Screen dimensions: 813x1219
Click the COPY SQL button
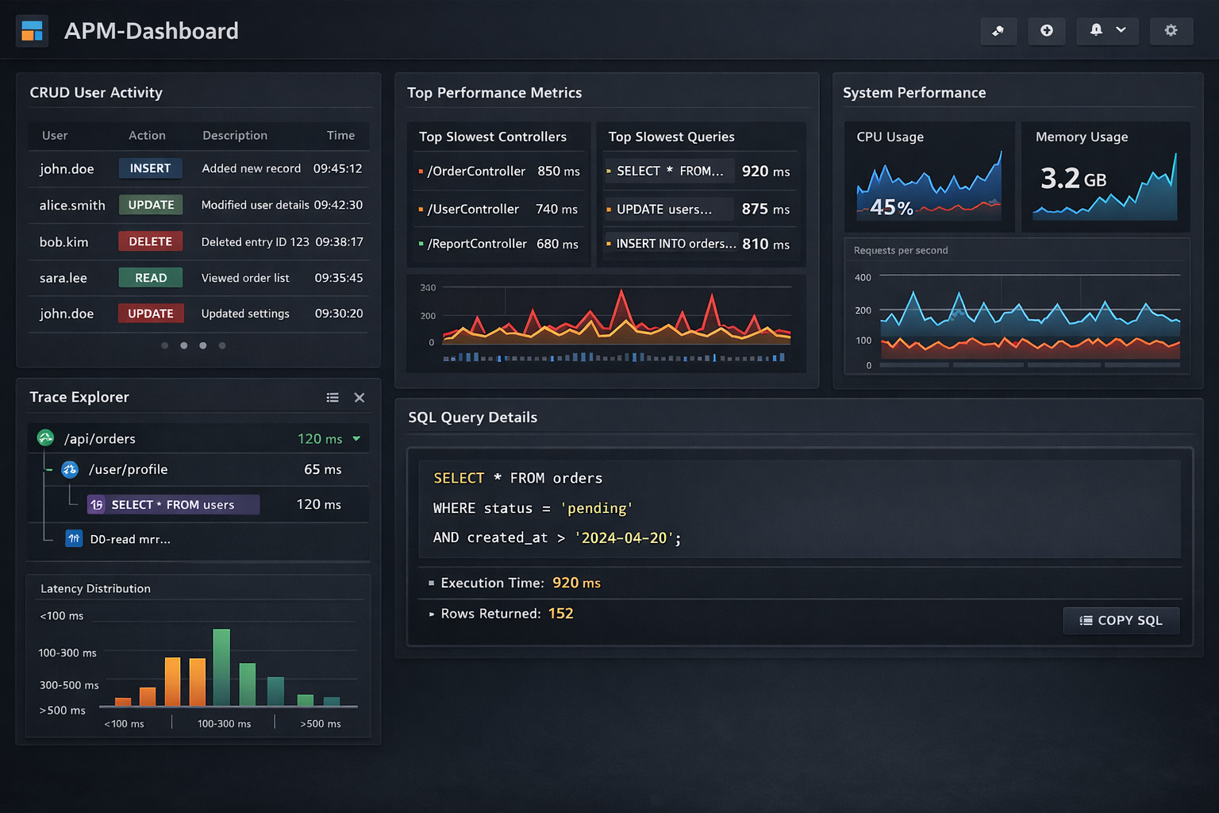pyautogui.click(x=1121, y=621)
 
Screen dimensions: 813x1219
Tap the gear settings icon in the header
pyautogui.click(x=1171, y=30)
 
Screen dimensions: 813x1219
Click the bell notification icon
pyautogui.click(x=1096, y=30)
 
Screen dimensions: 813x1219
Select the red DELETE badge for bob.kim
pyautogui.click(x=151, y=241)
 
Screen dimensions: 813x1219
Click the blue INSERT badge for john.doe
pyautogui.click(x=151, y=168)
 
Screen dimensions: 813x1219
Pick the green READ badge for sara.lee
pyautogui.click(x=151, y=278)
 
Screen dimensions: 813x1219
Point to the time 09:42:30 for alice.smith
pyautogui.click(x=338, y=205)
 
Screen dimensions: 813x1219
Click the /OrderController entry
pyautogui.click(x=476, y=171)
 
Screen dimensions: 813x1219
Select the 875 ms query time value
pyautogui.click(x=765, y=210)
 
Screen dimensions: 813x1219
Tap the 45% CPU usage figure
pyautogui.click(x=891, y=208)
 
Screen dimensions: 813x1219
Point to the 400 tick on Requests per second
pyautogui.click(x=863, y=278)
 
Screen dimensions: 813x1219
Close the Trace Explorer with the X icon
pyautogui.click(x=360, y=398)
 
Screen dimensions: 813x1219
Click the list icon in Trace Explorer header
pyautogui.click(x=333, y=398)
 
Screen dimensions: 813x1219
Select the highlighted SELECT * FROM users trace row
pyautogui.click(x=173, y=505)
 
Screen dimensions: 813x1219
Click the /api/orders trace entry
pyautogui.click(x=100, y=439)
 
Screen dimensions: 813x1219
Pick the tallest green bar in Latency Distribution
pyautogui.click(x=221, y=667)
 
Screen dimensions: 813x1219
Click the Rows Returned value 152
pyautogui.click(x=560, y=614)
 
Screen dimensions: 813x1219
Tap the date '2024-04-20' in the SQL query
pyautogui.click(x=624, y=538)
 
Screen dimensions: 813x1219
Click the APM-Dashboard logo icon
pyautogui.click(x=33, y=31)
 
